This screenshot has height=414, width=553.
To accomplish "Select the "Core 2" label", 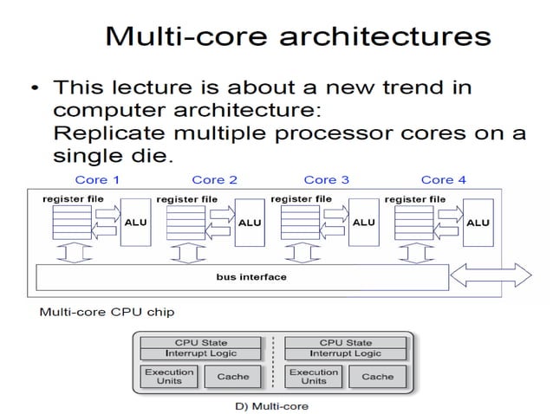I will [x=214, y=179].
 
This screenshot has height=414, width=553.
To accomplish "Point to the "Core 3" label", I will [x=327, y=179].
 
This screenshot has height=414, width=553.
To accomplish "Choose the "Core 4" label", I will [x=443, y=179].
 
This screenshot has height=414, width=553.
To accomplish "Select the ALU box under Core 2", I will [x=250, y=223].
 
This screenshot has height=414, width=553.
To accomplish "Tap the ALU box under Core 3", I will [x=364, y=223].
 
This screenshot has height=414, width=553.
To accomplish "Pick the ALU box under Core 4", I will [x=478, y=223].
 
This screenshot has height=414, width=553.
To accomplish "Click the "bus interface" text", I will [x=251, y=277].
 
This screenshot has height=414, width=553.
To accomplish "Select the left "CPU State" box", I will [x=201, y=343].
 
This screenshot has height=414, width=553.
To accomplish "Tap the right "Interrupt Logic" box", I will [x=345, y=353].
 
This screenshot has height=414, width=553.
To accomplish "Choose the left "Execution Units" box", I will [x=169, y=377].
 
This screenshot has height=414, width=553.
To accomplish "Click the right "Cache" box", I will [x=377, y=377].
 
